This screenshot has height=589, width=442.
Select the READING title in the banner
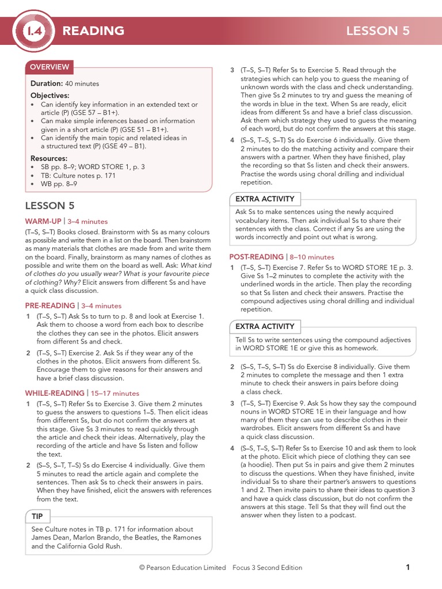[93, 31]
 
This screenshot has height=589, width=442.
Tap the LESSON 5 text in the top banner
[378, 31]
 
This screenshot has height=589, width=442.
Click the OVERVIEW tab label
[49, 67]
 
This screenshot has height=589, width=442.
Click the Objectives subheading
[49, 95]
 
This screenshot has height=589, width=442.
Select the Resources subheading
[49, 158]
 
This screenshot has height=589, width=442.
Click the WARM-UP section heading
[43, 221]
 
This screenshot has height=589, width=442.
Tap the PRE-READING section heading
[50, 306]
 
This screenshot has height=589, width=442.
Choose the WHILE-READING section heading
[55, 393]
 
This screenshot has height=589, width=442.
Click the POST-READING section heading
[257, 257]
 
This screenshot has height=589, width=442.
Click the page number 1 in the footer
[407, 568]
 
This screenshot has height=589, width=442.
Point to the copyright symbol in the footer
[142, 568]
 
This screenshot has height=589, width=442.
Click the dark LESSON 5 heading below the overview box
[49, 206]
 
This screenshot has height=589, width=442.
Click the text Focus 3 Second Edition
[267, 568]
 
